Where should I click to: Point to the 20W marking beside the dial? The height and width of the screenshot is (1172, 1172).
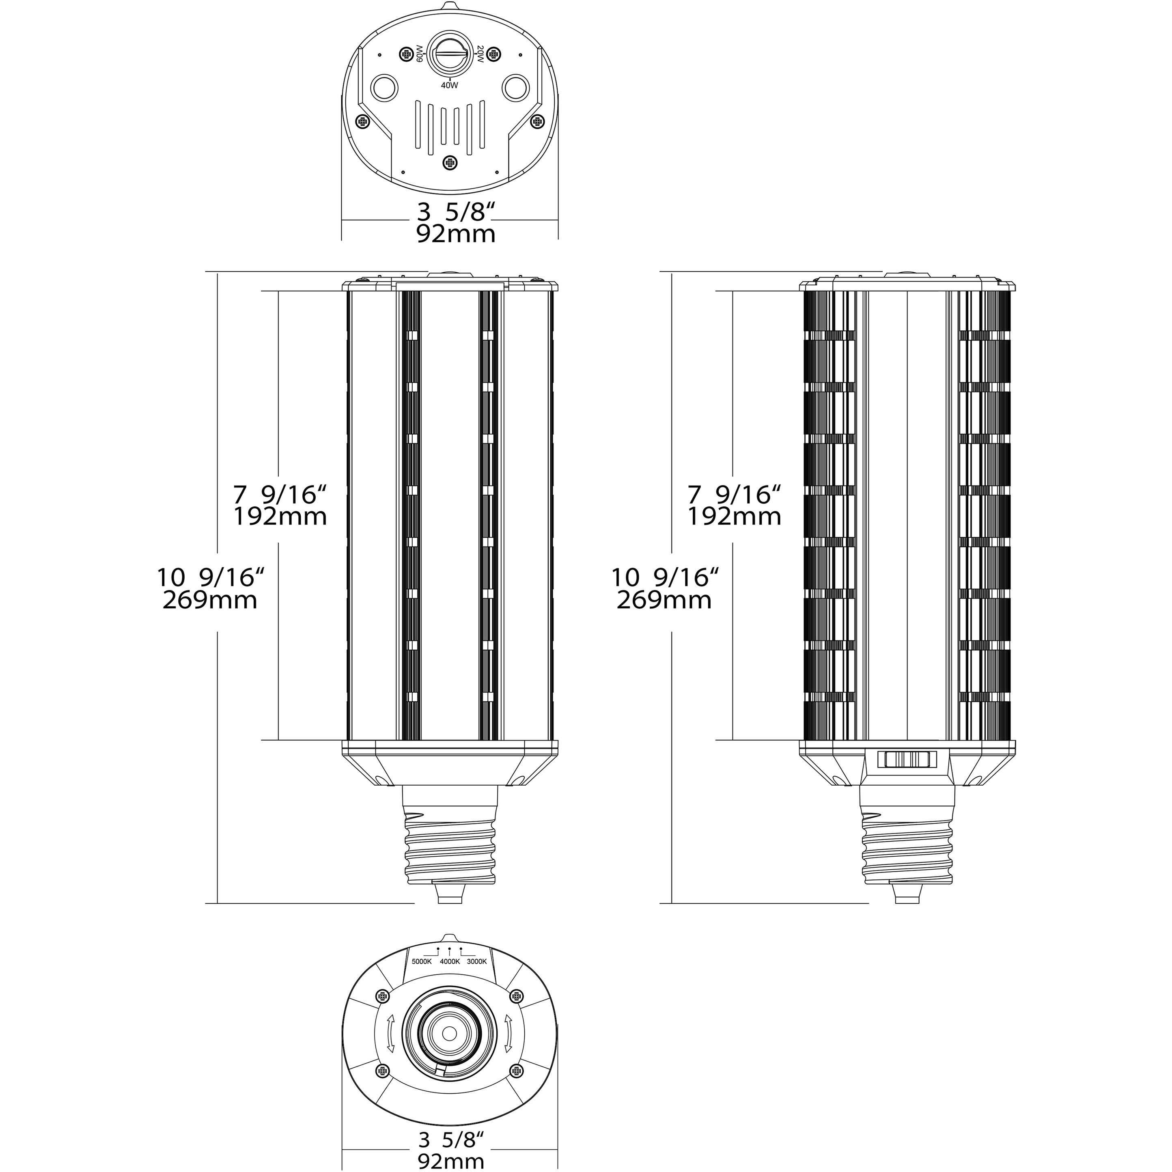point(479,54)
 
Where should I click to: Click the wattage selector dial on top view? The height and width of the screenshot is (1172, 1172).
point(449,53)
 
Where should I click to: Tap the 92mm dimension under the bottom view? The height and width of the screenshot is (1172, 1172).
point(451,1161)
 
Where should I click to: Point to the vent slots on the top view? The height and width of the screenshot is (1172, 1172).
point(450,125)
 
